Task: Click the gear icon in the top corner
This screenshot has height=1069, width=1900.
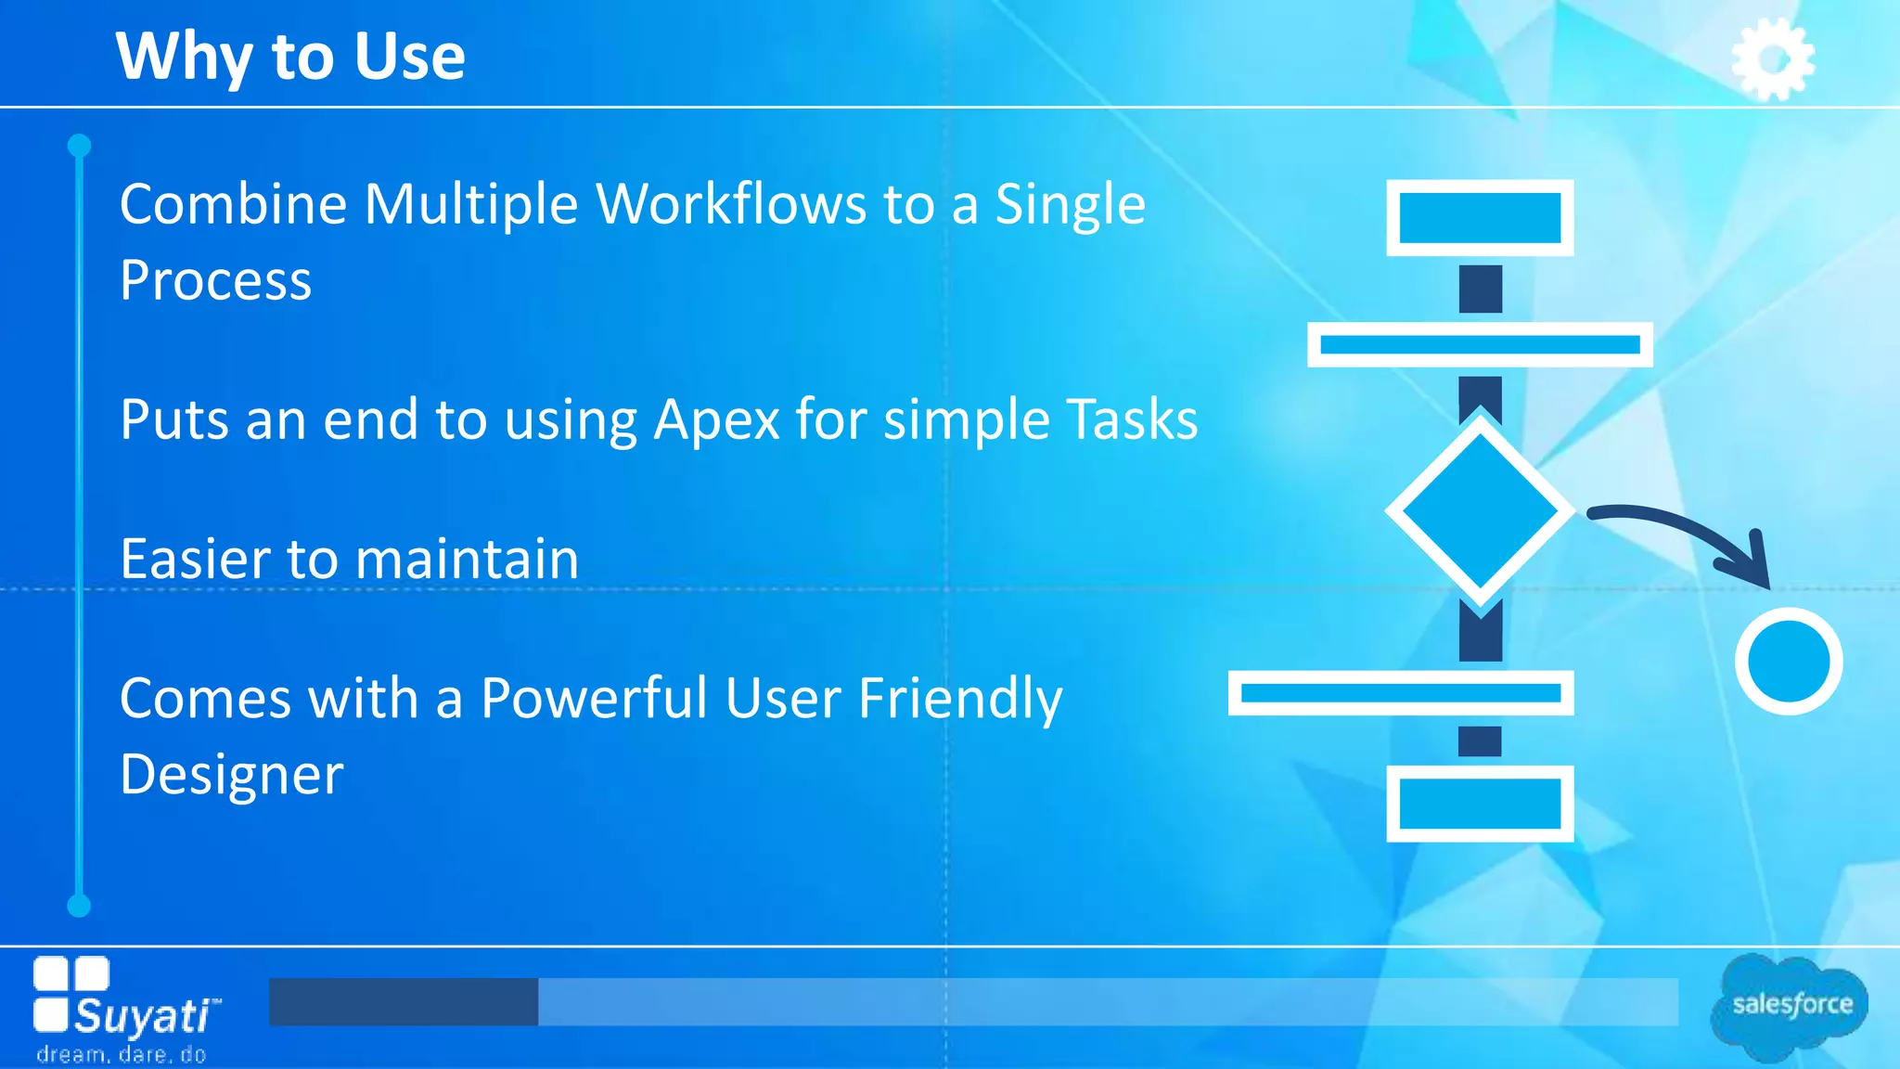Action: [x=1772, y=59]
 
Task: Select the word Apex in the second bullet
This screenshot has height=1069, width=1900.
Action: [x=717, y=419]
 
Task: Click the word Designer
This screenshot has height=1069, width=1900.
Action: [x=232, y=774]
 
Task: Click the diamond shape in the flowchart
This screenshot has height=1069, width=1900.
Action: [x=1480, y=510]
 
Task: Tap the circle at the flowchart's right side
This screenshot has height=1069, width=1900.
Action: [x=1788, y=661]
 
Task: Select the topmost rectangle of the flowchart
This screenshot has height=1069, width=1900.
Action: [x=1480, y=218]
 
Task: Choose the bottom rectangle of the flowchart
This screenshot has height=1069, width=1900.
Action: [x=1480, y=804]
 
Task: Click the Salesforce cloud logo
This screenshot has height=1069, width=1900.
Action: [x=1791, y=1005]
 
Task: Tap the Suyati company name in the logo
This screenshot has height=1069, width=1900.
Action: [x=144, y=1016]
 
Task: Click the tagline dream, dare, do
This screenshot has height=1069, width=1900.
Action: [x=121, y=1055]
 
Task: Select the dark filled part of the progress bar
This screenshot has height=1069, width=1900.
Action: [x=404, y=1002]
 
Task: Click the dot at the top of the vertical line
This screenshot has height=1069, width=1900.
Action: [x=80, y=146]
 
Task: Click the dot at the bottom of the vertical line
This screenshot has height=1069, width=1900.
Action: [x=80, y=906]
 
